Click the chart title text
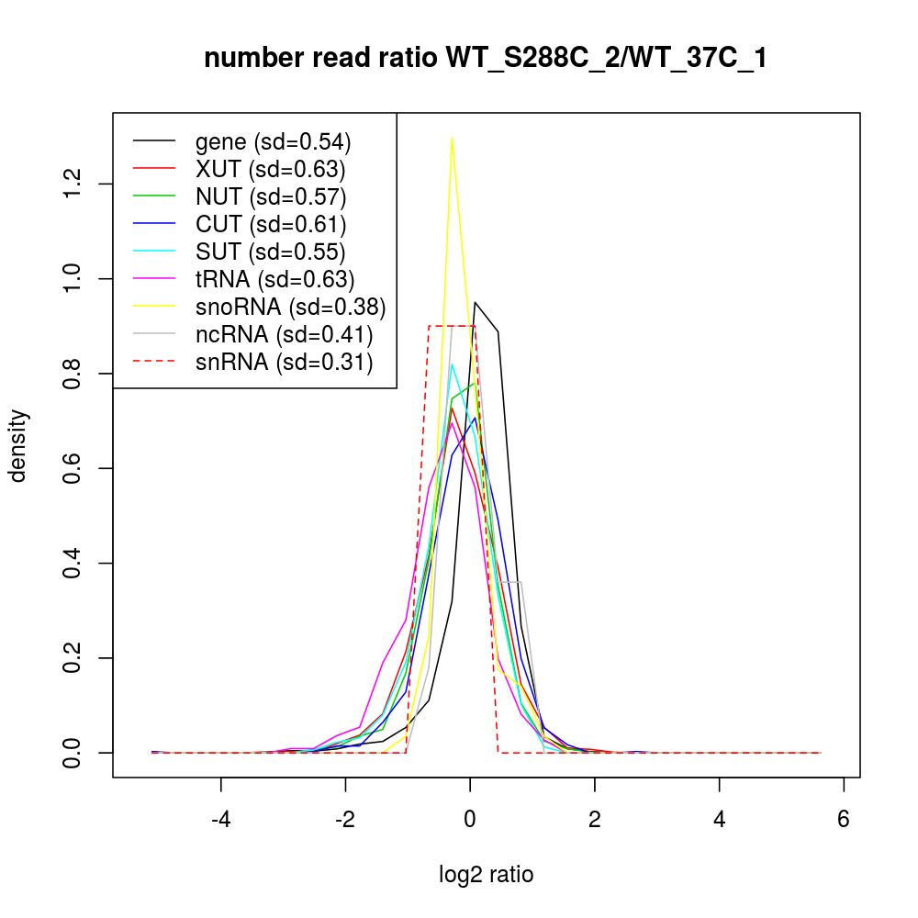(x=485, y=59)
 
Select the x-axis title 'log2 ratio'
(x=487, y=875)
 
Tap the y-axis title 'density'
(x=17, y=445)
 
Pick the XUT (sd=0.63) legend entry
(x=270, y=169)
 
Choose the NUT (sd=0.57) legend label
(x=271, y=196)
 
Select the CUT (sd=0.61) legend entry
(x=271, y=224)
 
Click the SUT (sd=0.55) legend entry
(x=271, y=252)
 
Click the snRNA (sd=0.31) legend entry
(x=284, y=363)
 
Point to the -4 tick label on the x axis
(x=221, y=819)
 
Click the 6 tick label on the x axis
(x=844, y=819)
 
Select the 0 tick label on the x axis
(x=470, y=819)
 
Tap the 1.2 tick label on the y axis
(x=73, y=184)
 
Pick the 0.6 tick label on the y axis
(x=73, y=468)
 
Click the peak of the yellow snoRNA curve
(x=452, y=138)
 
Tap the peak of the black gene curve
(x=475, y=302)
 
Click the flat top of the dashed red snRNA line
(x=452, y=325)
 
